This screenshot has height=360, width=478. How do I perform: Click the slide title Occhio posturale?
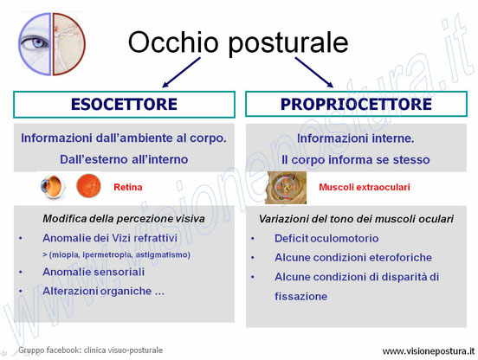coord(238,43)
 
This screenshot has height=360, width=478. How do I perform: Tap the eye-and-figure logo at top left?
coord(52,44)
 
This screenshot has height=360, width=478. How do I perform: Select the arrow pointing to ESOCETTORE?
coord(181,73)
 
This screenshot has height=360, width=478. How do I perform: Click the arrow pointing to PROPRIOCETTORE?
coord(314,73)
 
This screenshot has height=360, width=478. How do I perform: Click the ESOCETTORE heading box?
coord(124,104)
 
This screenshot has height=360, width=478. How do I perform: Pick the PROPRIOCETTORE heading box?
coord(356,104)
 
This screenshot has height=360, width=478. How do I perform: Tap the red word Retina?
coord(128,187)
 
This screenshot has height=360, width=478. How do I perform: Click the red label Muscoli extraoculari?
coord(365,187)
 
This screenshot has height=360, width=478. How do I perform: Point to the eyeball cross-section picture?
coord(53,186)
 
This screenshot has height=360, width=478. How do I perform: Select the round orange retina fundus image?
coord(88,185)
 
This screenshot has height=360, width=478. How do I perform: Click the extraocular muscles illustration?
coord(286,187)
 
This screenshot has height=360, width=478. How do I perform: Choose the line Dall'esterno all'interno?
coord(124,159)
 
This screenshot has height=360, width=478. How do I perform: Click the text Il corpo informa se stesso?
coord(355,159)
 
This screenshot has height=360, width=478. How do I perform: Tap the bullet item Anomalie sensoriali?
coord(94,272)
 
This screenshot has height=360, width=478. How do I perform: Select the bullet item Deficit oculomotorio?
coord(326,238)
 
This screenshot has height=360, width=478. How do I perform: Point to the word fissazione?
coord(300,296)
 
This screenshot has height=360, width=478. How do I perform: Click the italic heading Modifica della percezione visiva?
coord(124,219)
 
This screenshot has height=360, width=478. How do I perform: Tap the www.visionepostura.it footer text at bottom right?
coord(429,351)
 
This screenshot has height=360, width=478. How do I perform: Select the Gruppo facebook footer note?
coord(91,350)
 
